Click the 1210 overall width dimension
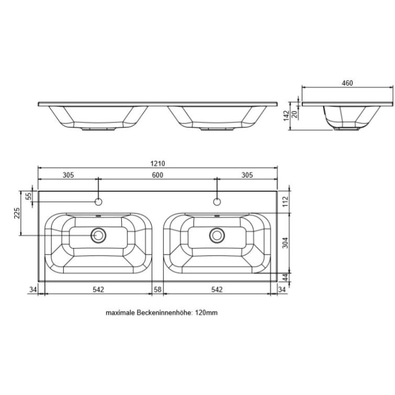pos(157,164)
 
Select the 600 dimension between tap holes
pos(157,175)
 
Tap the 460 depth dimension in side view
pos(347,83)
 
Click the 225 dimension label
pos(17,213)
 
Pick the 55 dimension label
pos(29,196)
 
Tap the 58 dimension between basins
pos(157,289)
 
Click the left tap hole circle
pos(98,201)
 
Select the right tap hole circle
pos(217,201)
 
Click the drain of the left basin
pos(99,234)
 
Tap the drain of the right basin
pos(217,234)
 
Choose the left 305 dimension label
pos(68,175)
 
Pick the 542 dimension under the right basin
pos(217,289)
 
